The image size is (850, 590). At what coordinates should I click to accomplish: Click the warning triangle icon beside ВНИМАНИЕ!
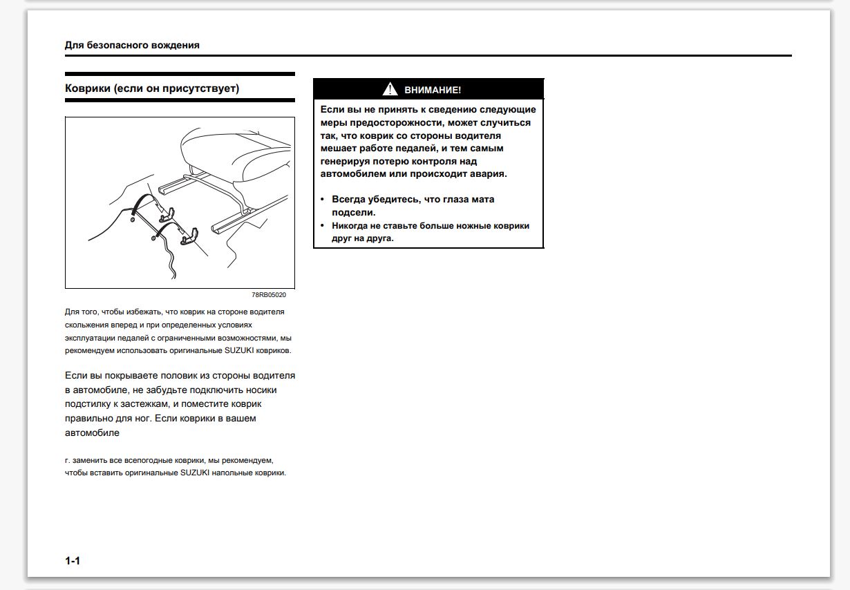tap(390, 89)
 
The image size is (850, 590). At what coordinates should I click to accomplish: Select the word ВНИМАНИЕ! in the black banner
tap(433, 90)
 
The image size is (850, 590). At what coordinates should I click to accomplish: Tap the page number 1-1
tap(73, 561)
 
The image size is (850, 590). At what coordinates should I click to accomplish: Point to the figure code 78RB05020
tap(269, 294)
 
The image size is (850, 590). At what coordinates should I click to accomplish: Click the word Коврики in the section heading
tap(87, 88)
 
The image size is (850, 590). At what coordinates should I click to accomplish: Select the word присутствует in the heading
tap(204, 88)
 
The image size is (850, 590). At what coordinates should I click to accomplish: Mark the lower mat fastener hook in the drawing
tap(190, 236)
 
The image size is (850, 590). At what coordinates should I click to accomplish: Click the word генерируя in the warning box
tap(347, 161)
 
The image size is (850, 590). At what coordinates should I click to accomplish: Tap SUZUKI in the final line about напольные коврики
tap(198, 473)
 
